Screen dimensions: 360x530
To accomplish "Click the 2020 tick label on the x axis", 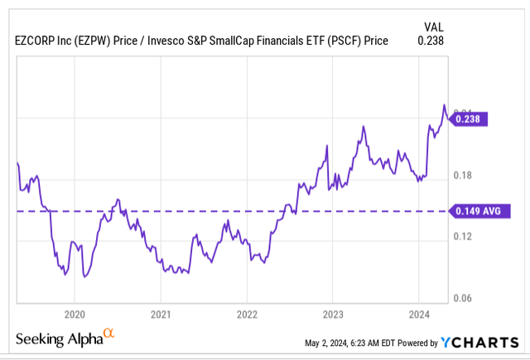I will tap(75, 314).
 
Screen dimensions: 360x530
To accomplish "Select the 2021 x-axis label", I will tap(161, 314).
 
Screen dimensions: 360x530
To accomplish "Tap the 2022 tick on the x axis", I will tap(247, 314).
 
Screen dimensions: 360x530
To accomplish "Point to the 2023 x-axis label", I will tap(332, 314).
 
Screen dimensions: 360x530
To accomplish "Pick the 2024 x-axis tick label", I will tap(418, 314).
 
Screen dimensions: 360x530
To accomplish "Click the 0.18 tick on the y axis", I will tap(463, 175).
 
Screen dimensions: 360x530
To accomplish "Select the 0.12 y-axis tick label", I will tap(463, 237).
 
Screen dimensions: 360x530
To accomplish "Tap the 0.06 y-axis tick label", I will tap(463, 298).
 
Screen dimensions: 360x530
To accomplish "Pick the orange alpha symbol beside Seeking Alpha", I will tap(108, 335).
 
